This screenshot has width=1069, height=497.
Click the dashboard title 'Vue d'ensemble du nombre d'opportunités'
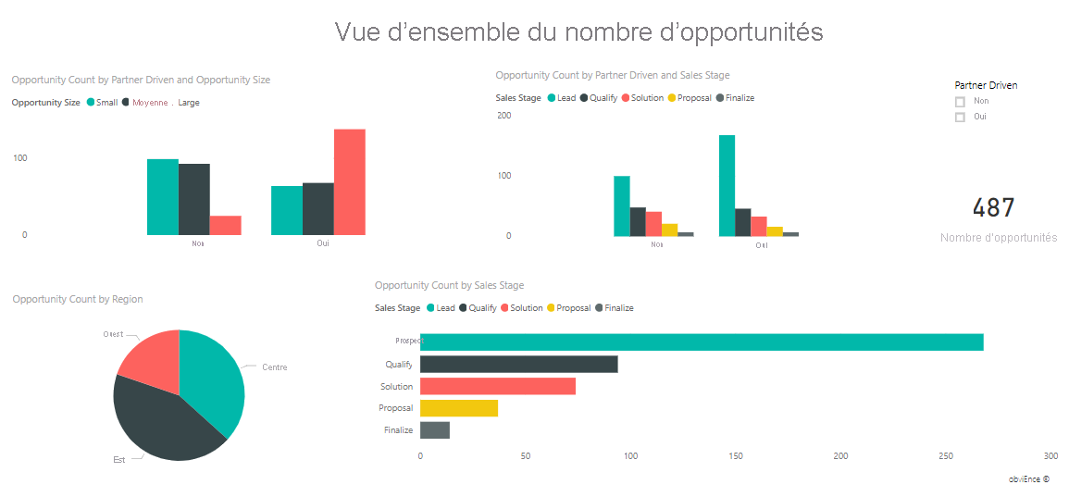pyautogui.click(x=578, y=32)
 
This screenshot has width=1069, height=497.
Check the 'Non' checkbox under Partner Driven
pyautogui.click(x=960, y=102)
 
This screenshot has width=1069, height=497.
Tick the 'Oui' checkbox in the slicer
pyautogui.click(x=960, y=118)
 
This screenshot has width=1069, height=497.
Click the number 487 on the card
pyautogui.click(x=994, y=208)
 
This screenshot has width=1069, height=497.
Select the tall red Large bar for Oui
pyautogui.click(x=349, y=181)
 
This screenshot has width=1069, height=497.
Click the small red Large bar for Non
pyautogui.click(x=225, y=225)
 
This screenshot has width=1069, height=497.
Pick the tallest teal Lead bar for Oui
pyautogui.click(x=727, y=186)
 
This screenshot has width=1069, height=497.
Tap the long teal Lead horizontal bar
pyautogui.click(x=702, y=342)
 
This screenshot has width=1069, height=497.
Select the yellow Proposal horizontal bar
pyautogui.click(x=459, y=408)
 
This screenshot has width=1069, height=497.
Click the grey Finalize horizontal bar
pyautogui.click(x=435, y=430)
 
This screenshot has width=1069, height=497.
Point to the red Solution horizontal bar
pyautogui.click(x=498, y=386)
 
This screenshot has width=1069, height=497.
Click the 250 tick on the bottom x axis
pyautogui.click(x=946, y=456)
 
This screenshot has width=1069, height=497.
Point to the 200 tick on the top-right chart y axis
pyautogui.click(x=504, y=116)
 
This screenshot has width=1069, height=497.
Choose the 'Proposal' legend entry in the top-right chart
pyautogui.click(x=694, y=98)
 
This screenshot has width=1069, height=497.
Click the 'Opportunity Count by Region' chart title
pyautogui.click(x=78, y=299)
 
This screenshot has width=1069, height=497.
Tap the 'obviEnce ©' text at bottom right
pyautogui.click(x=1029, y=479)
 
